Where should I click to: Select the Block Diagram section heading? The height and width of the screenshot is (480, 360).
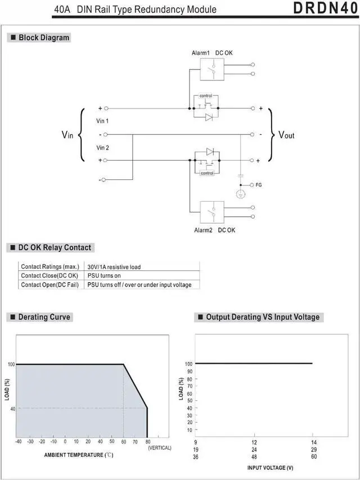pyautogui.click(x=44, y=38)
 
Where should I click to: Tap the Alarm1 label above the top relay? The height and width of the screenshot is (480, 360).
pyautogui.click(x=201, y=53)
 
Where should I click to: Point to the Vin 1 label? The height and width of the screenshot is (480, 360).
pyautogui.click(x=103, y=121)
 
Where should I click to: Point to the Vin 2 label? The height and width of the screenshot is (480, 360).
pyautogui.click(x=103, y=148)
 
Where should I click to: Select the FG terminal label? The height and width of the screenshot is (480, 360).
pyautogui.click(x=259, y=184)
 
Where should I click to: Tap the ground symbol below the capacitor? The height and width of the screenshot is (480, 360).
pyautogui.click(x=240, y=194)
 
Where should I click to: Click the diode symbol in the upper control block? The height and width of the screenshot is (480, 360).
pyautogui.click(x=209, y=117)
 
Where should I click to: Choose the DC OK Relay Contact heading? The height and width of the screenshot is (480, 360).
pyautogui.click(x=54, y=247)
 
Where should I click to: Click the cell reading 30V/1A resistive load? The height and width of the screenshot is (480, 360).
pyautogui.click(x=114, y=267)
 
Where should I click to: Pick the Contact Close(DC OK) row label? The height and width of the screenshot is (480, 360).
pyautogui.click(x=49, y=276)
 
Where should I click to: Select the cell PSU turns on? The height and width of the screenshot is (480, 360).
pyautogui.click(x=104, y=276)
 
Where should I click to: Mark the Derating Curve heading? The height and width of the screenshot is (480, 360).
pyautogui.click(x=44, y=317)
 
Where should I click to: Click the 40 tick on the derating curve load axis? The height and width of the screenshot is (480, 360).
pyautogui.click(x=11, y=409)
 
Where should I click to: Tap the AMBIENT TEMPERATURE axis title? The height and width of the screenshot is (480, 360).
pyautogui.click(x=80, y=454)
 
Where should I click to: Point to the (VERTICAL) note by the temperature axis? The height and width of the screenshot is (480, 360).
pyautogui.click(x=160, y=447)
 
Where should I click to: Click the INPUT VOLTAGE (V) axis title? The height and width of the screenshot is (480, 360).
pyautogui.click(x=271, y=468)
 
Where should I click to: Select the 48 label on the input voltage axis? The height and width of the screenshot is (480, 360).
pyautogui.click(x=254, y=457)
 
